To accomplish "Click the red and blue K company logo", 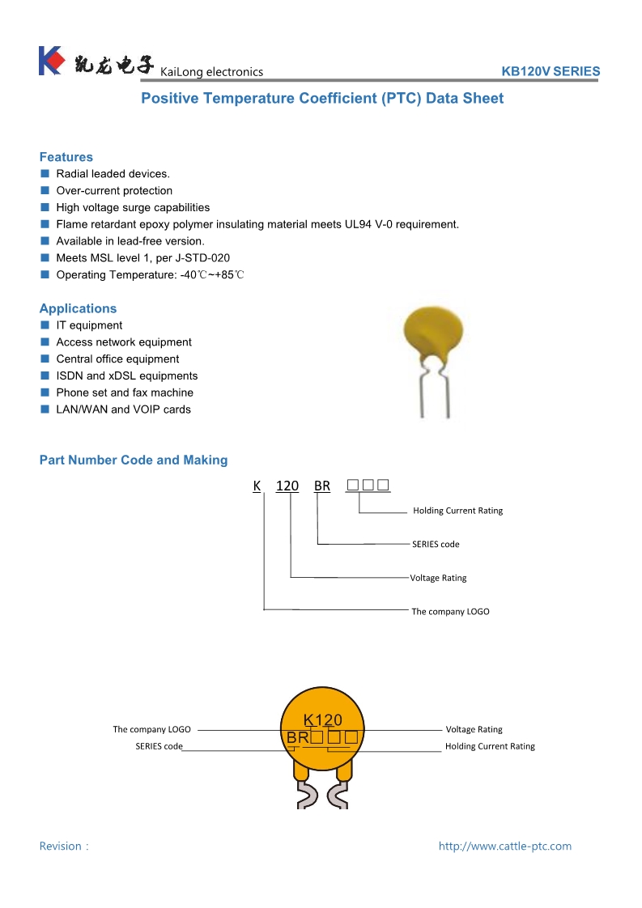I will [50, 61].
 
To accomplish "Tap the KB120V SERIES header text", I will [551, 71].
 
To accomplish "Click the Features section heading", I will [66, 157].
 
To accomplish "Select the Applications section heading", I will [78, 308].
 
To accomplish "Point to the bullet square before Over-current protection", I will [45, 191].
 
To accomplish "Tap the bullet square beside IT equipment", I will [45, 325].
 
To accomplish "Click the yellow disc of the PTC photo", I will [433, 331].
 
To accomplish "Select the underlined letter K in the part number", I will [257, 486].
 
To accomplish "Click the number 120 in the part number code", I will [287, 486].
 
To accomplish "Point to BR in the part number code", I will [322, 486].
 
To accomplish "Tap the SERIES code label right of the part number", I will [436, 544].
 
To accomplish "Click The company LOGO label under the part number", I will [450, 611].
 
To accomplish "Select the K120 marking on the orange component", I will [322, 719].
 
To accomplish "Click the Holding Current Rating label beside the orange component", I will [490, 746].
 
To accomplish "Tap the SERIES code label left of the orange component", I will [159, 746].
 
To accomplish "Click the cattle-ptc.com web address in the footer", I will [504, 846].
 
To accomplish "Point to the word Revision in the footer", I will [61, 846].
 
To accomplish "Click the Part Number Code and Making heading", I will [134, 460].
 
